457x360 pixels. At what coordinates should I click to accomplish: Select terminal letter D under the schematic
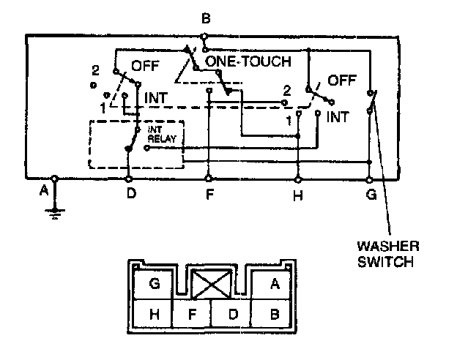[x=130, y=194]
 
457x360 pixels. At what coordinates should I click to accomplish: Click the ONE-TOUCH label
[x=248, y=61]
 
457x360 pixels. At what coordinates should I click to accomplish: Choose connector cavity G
[x=155, y=285]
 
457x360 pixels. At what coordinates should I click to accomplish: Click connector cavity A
[x=275, y=285]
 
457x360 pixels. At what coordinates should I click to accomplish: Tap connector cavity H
[x=155, y=315]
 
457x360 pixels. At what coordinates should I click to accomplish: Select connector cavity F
[x=193, y=315]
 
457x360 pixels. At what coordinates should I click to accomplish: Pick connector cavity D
[x=232, y=315]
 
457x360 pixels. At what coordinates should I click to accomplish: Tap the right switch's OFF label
[x=342, y=78]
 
